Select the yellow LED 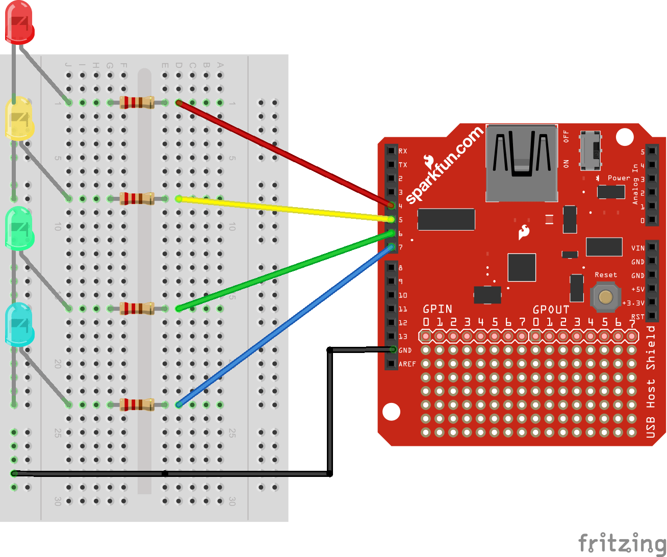[x=19, y=119]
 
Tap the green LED [x=19, y=228]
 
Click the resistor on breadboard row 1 [x=137, y=103]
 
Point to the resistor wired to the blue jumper [x=137, y=404]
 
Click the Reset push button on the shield [x=605, y=297]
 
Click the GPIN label [x=438, y=309]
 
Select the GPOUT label [x=551, y=310]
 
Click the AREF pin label [x=407, y=364]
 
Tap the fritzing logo [x=622, y=543]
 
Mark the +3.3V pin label [x=633, y=303]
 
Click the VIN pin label [x=637, y=248]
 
